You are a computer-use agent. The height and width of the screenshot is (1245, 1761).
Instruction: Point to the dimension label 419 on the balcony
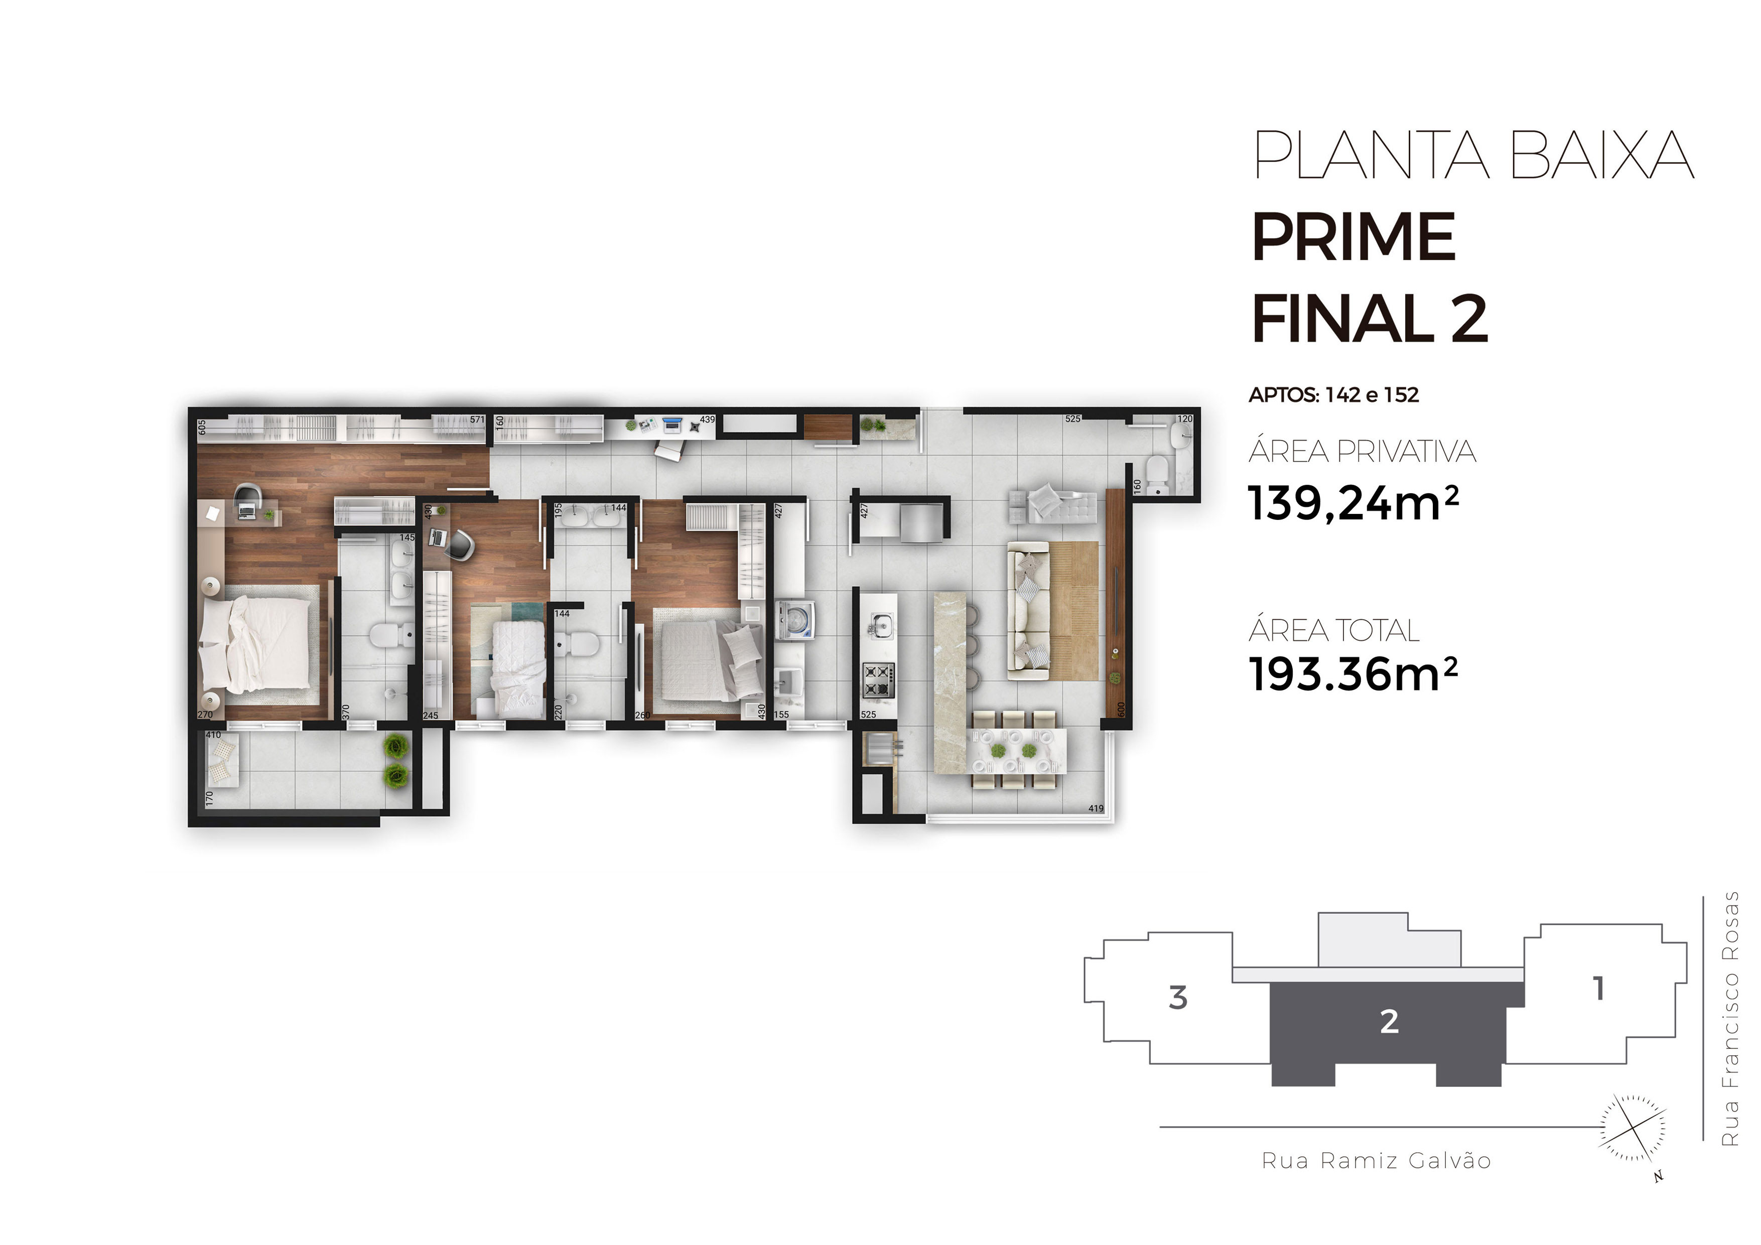[x=1095, y=808]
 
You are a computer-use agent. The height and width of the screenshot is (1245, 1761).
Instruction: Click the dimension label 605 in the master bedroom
[x=202, y=427]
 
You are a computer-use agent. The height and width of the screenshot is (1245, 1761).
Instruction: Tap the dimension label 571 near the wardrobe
[x=477, y=420]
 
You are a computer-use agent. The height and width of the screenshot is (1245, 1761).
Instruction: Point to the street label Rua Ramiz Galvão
[x=1377, y=1161]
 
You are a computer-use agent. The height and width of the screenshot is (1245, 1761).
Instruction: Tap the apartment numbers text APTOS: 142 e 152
[x=1334, y=395]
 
